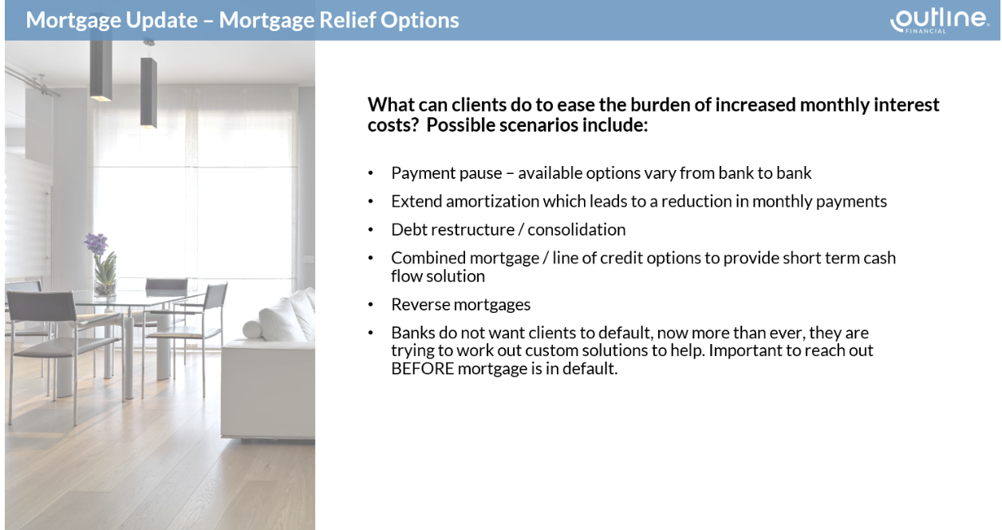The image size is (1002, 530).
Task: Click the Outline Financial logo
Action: coord(940,21)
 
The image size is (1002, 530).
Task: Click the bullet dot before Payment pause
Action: coord(370,173)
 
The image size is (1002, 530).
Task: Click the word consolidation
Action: coord(577,230)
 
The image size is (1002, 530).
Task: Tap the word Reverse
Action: coord(420,304)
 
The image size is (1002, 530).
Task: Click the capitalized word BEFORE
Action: coord(422,369)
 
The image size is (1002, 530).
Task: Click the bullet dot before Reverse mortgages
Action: coord(370,305)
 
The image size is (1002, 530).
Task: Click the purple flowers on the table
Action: coord(97,244)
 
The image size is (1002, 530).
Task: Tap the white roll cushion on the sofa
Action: coord(253,330)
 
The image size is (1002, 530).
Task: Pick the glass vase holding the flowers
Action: coord(105,282)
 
